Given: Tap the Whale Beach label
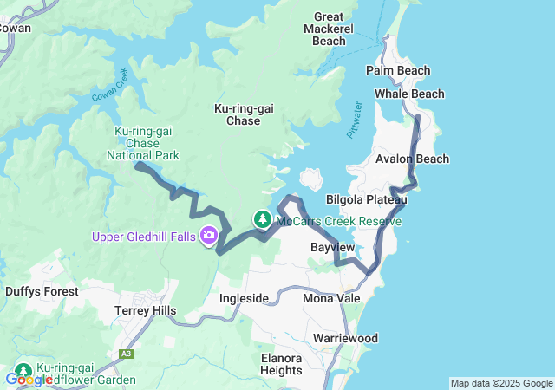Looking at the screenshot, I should tap(409, 94).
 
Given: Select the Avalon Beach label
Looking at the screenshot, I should tap(413, 159).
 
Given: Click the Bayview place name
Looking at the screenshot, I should tap(332, 248).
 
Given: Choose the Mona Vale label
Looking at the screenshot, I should tap(327, 299).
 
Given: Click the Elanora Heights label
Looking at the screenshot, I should tap(281, 364).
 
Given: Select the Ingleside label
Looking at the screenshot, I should tap(244, 299).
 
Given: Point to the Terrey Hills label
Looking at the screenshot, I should tap(145, 310).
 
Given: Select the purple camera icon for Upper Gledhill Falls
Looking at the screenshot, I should tap(209, 235).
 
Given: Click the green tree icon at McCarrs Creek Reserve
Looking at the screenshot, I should tap(262, 220).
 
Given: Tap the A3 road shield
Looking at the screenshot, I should tap(127, 354).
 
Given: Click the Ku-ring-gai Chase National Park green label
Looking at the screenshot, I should tap(143, 143).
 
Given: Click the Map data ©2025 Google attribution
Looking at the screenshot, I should tap(501, 383).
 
